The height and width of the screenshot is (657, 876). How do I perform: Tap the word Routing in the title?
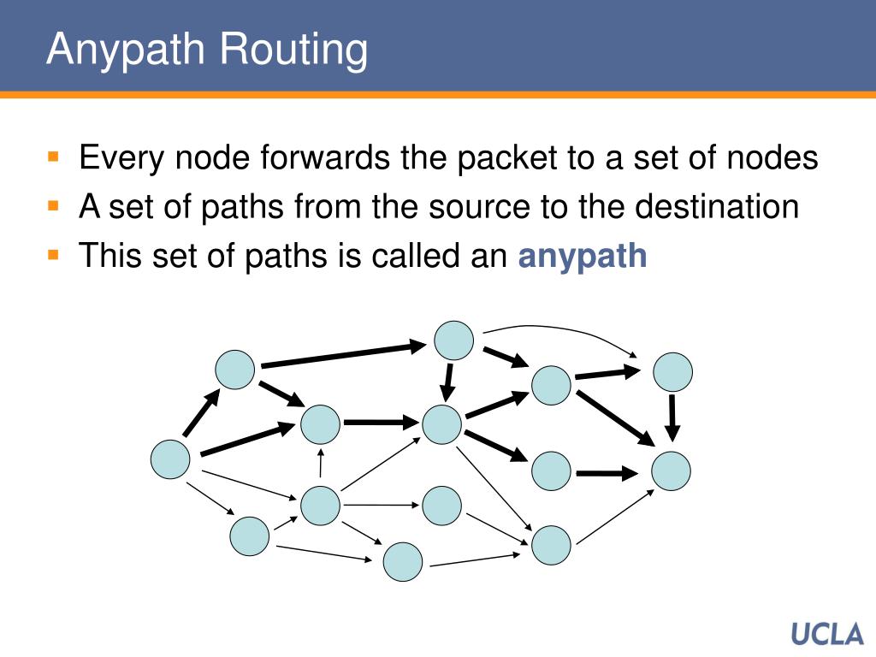[x=294, y=50]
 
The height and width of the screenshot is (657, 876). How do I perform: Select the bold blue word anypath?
[x=583, y=256]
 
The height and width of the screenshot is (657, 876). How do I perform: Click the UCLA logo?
[x=827, y=634]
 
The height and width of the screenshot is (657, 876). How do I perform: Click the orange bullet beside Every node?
[x=53, y=157]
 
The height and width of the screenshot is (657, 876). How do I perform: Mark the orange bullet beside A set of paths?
[x=53, y=206]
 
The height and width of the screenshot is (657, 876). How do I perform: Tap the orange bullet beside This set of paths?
[x=53, y=255]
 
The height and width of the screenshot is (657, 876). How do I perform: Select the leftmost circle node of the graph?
[x=170, y=459]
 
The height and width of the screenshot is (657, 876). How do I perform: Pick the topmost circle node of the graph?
[x=453, y=340]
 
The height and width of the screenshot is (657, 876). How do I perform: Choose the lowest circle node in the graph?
[x=403, y=562]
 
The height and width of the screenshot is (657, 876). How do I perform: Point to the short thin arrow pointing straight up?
[x=321, y=462]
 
